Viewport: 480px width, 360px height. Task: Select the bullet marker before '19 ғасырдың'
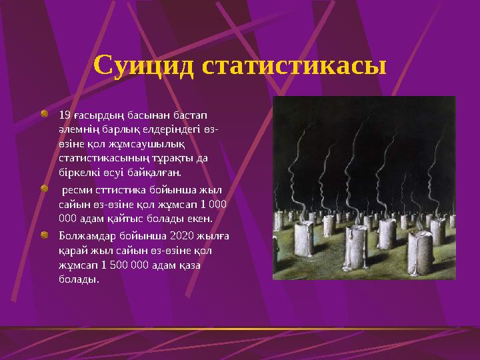pyautogui.click(x=43, y=114)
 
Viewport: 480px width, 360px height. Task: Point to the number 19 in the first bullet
pyautogui.click(x=65, y=115)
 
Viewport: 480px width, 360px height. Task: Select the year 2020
pyautogui.click(x=183, y=236)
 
